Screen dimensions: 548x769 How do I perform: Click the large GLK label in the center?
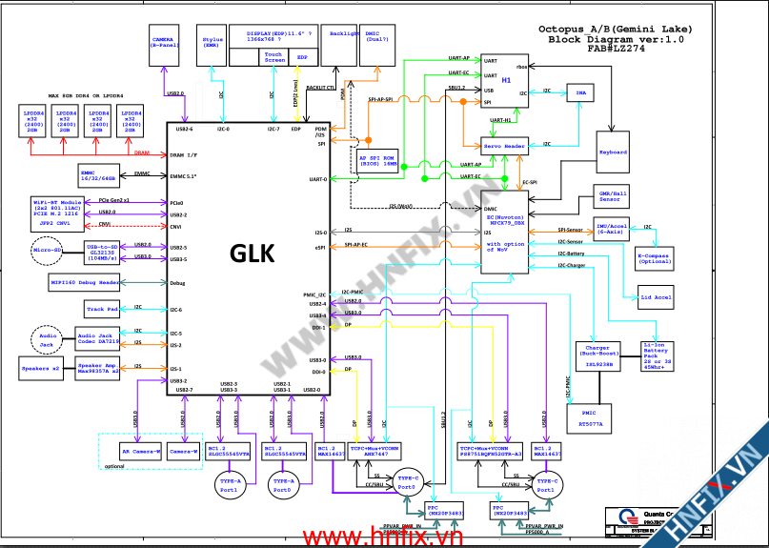(x=252, y=254)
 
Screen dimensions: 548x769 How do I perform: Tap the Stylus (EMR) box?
(x=212, y=42)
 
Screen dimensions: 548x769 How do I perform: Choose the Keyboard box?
(x=613, y=152)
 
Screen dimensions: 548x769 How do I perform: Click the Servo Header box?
(x=504, y=147)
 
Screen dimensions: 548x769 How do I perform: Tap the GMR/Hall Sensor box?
(x=610, y=196)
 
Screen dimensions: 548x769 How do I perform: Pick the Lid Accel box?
(x=656, y=297)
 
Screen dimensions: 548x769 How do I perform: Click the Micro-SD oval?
(x=47, y=251)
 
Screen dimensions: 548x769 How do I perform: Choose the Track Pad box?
(x=102, y=309)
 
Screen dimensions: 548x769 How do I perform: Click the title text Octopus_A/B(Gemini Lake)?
(x=615, y=29)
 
